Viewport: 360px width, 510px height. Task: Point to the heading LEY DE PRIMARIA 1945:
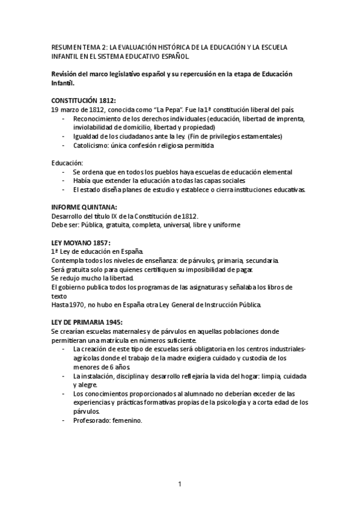(x=87, y=322)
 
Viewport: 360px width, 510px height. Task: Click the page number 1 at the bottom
(x=180, y=484)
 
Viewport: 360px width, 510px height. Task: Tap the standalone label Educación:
(x=67, y=163)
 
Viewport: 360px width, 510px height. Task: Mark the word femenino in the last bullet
(x=129, y=421)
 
